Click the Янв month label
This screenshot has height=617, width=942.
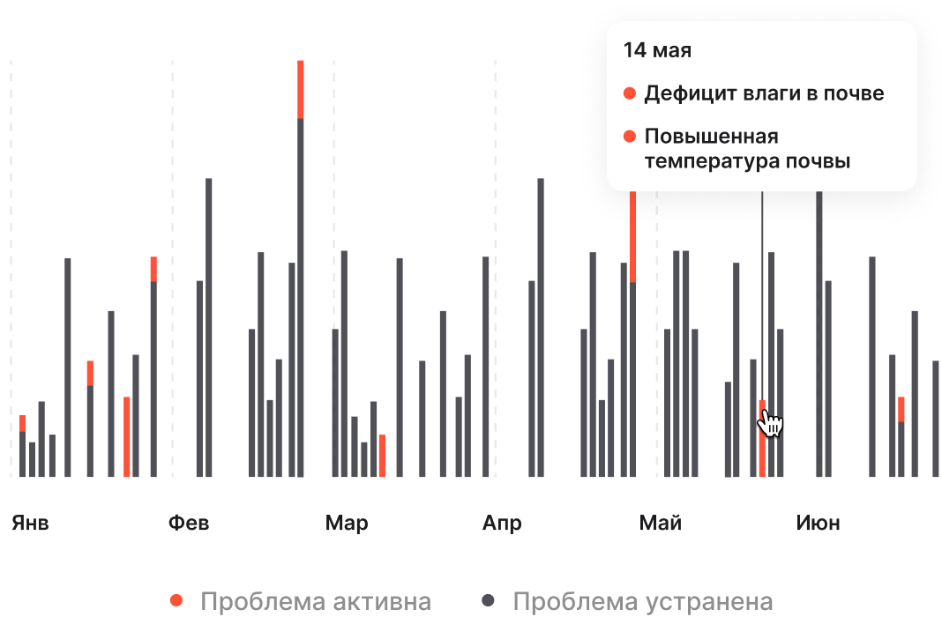click(x=30, y=524)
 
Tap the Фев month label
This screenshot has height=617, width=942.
click(x=189, y=524)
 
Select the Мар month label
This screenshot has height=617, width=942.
click(x=347, y=524)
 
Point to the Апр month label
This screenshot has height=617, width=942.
click(x=502, y=524)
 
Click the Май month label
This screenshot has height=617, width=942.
click(x=661, y=524)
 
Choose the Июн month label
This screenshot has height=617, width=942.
click(x=818, y=524)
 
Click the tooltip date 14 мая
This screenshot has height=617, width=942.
click(x=657, y=50)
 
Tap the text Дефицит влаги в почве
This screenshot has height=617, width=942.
click(x=764, y=93)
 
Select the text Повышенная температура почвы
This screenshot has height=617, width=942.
click(x=747, y=149)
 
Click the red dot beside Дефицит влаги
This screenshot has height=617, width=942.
click(x=630, y=93)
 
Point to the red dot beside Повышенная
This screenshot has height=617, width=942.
click(x=630, y=137)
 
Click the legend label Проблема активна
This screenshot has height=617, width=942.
click(x=316, y=602)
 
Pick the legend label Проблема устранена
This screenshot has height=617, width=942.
click(x=643, y=602)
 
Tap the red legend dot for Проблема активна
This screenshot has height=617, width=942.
click(x=176, y=601)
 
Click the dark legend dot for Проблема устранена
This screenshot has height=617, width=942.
click(x=488, y=601)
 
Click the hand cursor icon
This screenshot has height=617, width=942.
click(x=771, y=423)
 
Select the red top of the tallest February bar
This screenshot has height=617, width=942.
click(x=301, y=89)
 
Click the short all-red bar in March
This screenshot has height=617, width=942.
click(x=382, y=455)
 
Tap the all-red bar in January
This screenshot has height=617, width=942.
click(x=127, y=436)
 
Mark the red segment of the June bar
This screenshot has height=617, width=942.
click(x=901, y=409)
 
